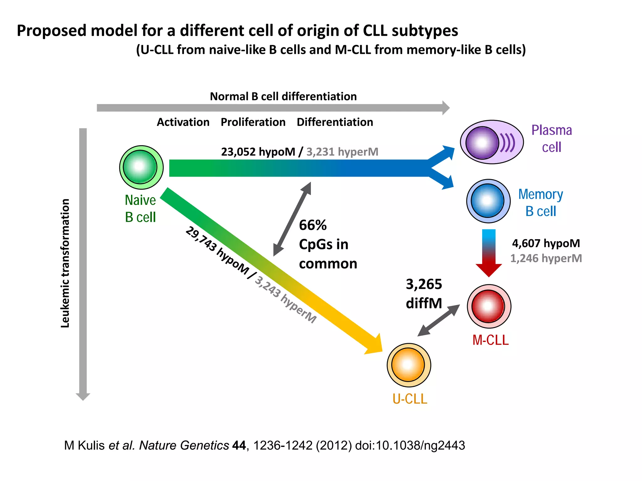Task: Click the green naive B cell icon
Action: coord(141,167)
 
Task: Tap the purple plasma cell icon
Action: coord(491,142)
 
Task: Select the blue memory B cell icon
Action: coord(488,201)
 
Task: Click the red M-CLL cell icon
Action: coord(489,306)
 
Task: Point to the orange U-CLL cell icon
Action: coord(408,365)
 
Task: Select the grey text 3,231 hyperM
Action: coord(342,152)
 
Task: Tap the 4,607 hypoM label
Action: coord(546,243)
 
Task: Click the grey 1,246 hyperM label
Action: coord(546,258)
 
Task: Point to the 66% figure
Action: coord(313,225)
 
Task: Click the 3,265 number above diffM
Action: coord(424,284)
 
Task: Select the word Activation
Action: coord(183,122)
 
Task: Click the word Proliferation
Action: coord(253,122)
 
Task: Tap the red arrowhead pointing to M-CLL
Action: coord(488,270)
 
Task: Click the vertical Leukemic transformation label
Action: coord(65,263)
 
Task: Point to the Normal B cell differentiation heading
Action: coord(283,96)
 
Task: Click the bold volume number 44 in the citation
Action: coord(239,445)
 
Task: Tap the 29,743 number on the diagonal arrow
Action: coord(201,239)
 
